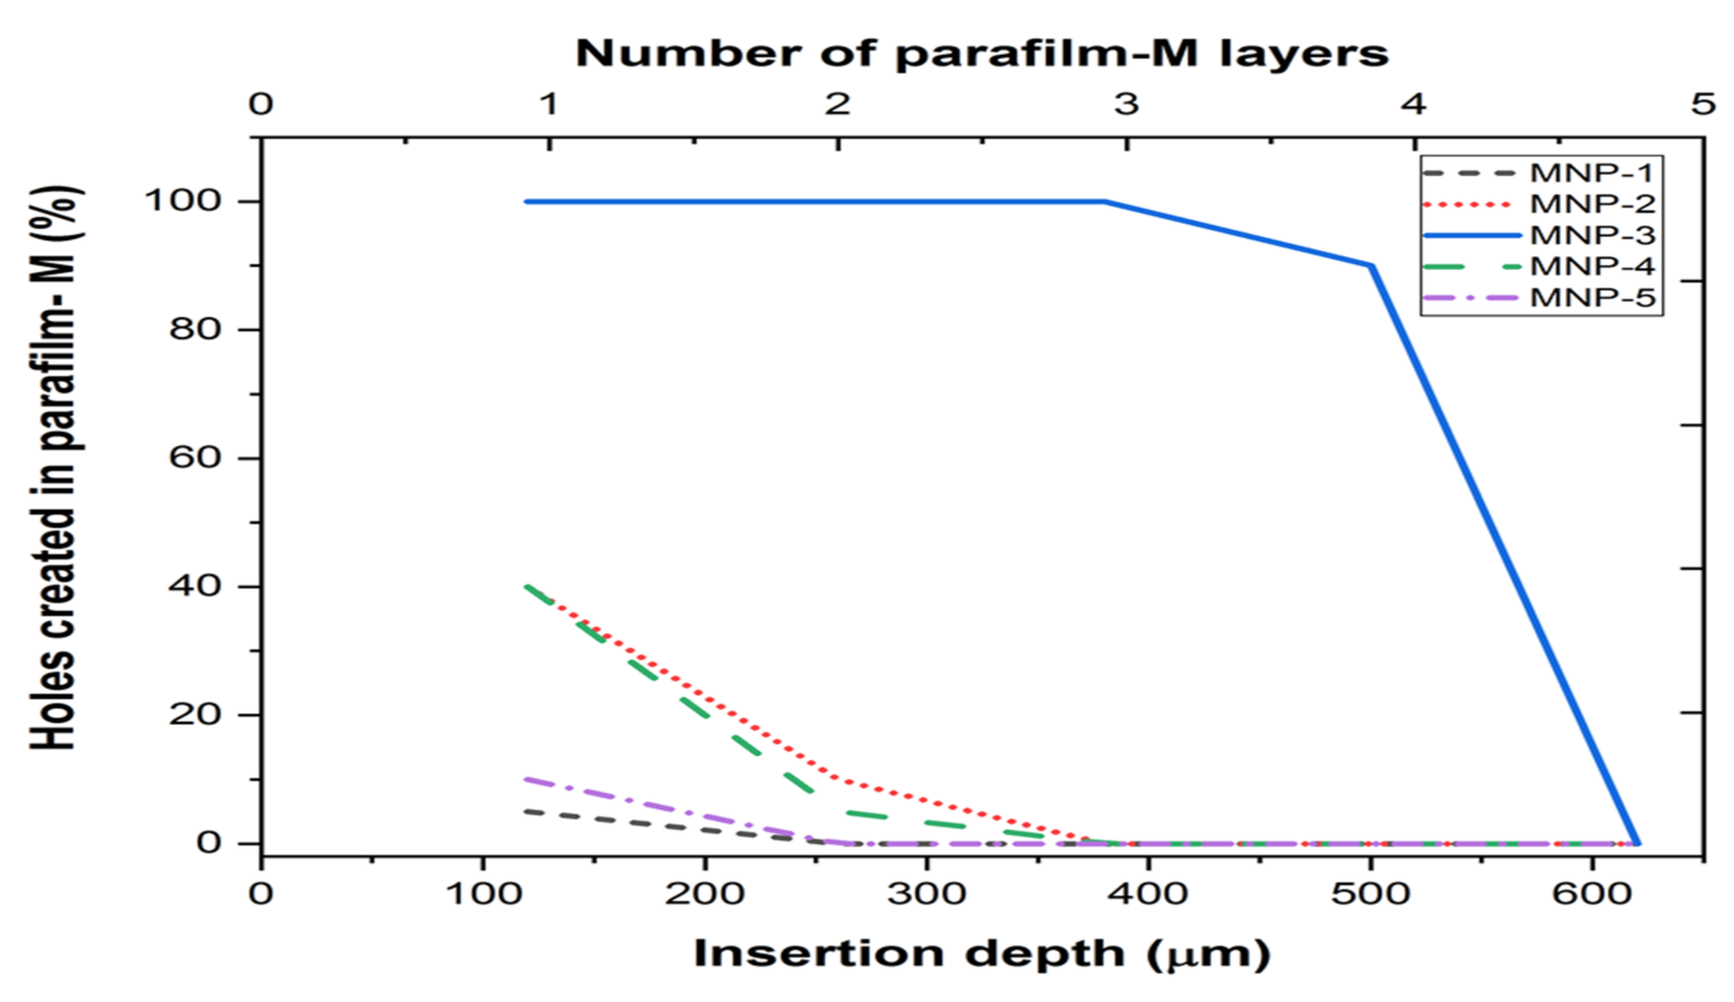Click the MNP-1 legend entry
click(1591, 173)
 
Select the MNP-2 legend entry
click(1591, 204)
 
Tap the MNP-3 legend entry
click(1591, 235)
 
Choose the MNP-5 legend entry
click(1591, 298)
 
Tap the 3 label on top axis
click(1126, 105)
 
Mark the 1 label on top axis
click(548, 105)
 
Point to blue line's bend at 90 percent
click(1372, 265)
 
